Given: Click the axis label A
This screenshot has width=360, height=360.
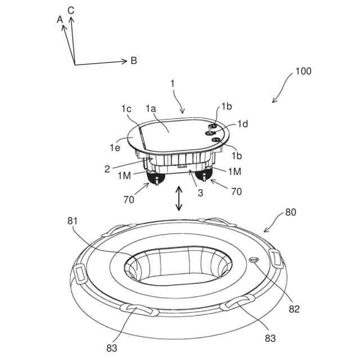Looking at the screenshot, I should click(x=60, y=19).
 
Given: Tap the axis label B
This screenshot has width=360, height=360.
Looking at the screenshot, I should click(x=134, y=60).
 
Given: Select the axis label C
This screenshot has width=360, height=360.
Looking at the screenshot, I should click(x=71, y=10).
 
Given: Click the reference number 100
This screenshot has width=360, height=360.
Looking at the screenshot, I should click(x=303, y=72).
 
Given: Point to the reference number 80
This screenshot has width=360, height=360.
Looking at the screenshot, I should click(x=290, y=213).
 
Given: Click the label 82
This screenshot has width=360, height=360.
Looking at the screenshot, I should click(x=295, y=308).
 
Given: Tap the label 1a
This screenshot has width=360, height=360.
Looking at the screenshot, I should click(x=151, y=107).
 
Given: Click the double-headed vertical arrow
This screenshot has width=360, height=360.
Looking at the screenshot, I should click(x=179, y=198).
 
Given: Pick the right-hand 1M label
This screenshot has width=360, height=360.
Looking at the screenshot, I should click(x=235, y=170).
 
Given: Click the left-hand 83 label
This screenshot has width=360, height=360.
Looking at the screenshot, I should click(x=112, y=347).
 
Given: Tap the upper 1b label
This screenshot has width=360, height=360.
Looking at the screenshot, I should click(x=226, y=106).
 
